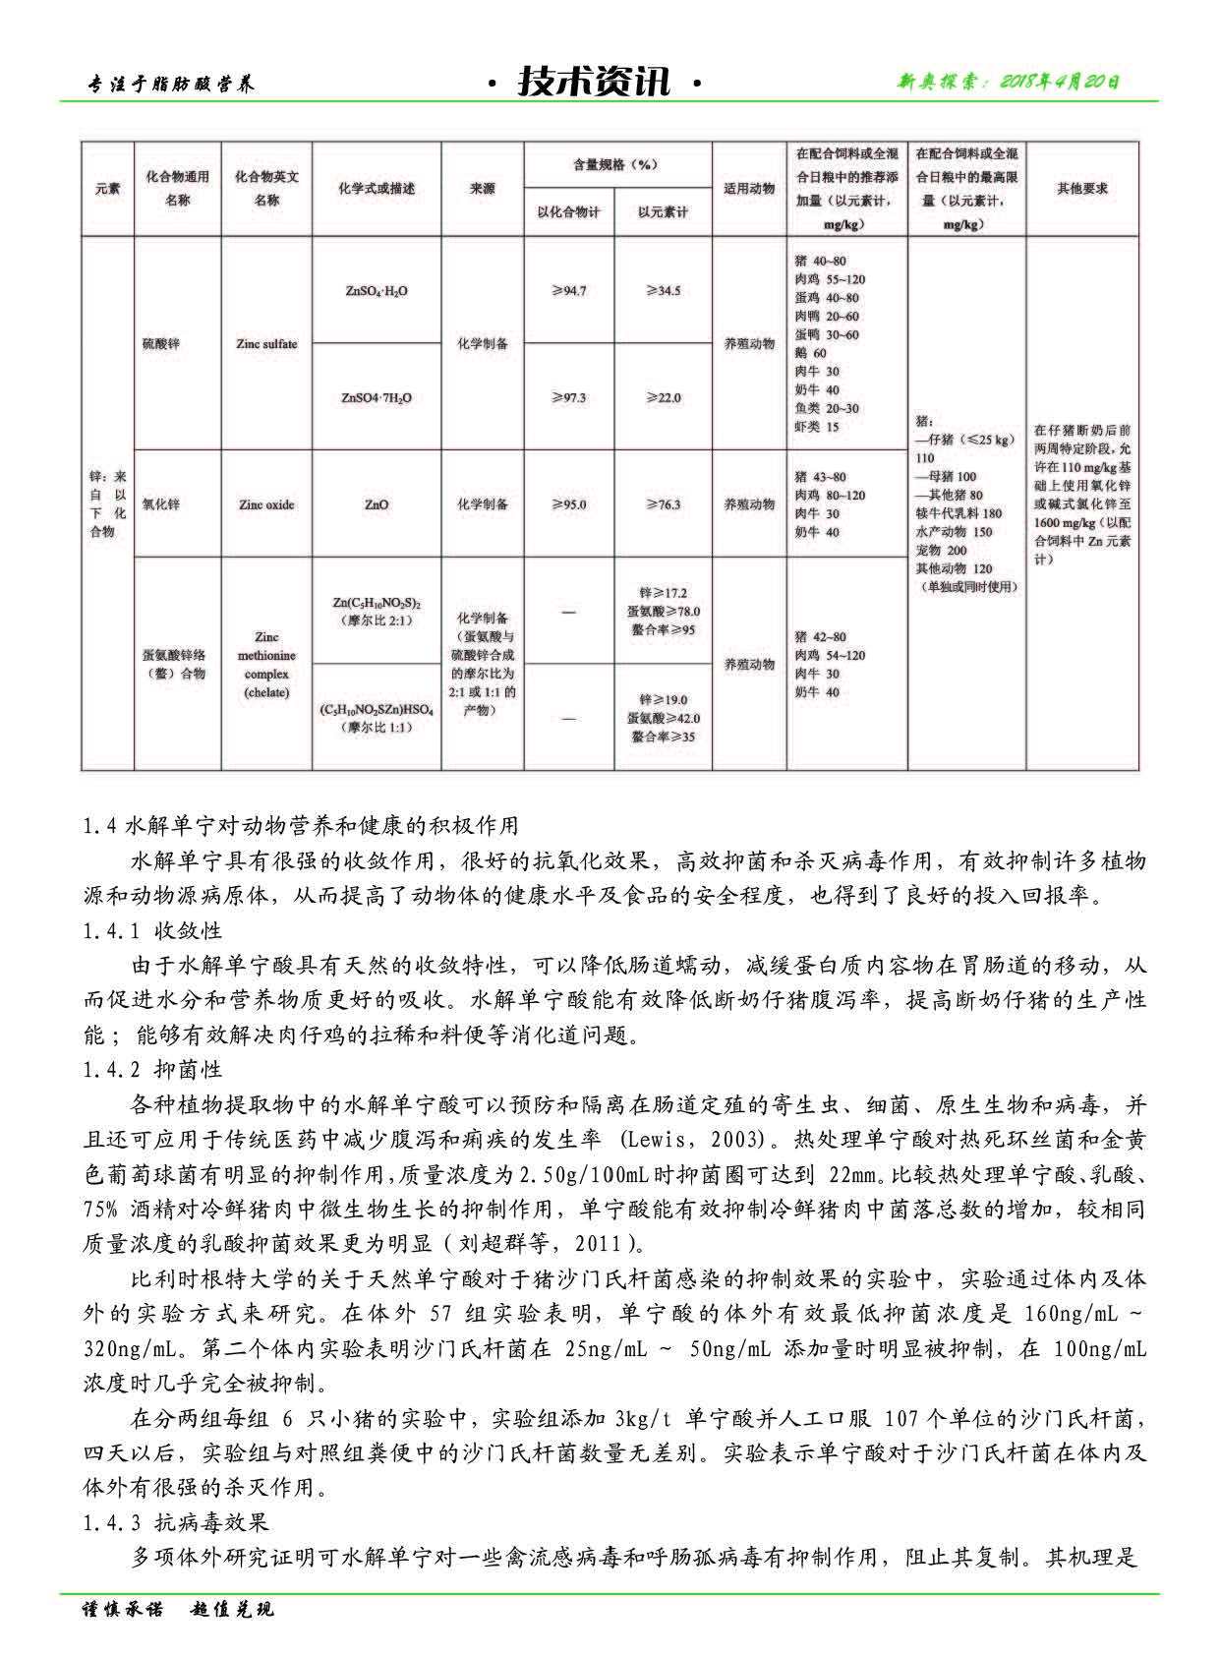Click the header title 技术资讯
click(x=595, y=83)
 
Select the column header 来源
click(x=482, y=189)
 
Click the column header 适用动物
click(x=749, y=189)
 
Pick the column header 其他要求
click(x=1081, y=189)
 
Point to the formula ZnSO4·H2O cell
click(x=377, y=291)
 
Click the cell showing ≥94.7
click(x=568, y=291)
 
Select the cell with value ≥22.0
click(x=663, y=397)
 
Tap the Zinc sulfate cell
click(x=266, y=344)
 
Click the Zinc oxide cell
click(x=266, y=504)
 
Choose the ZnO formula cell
click(x=377, y=504)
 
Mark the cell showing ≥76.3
click(x=663, y=504)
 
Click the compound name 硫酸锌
click(x=161, y=344)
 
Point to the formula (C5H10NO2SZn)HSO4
click(x=377, y=709)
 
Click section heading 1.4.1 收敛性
click(x=152, y=930)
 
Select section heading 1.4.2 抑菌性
click(x=152, y=1069)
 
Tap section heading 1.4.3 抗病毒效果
click(x=176, y=1522)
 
